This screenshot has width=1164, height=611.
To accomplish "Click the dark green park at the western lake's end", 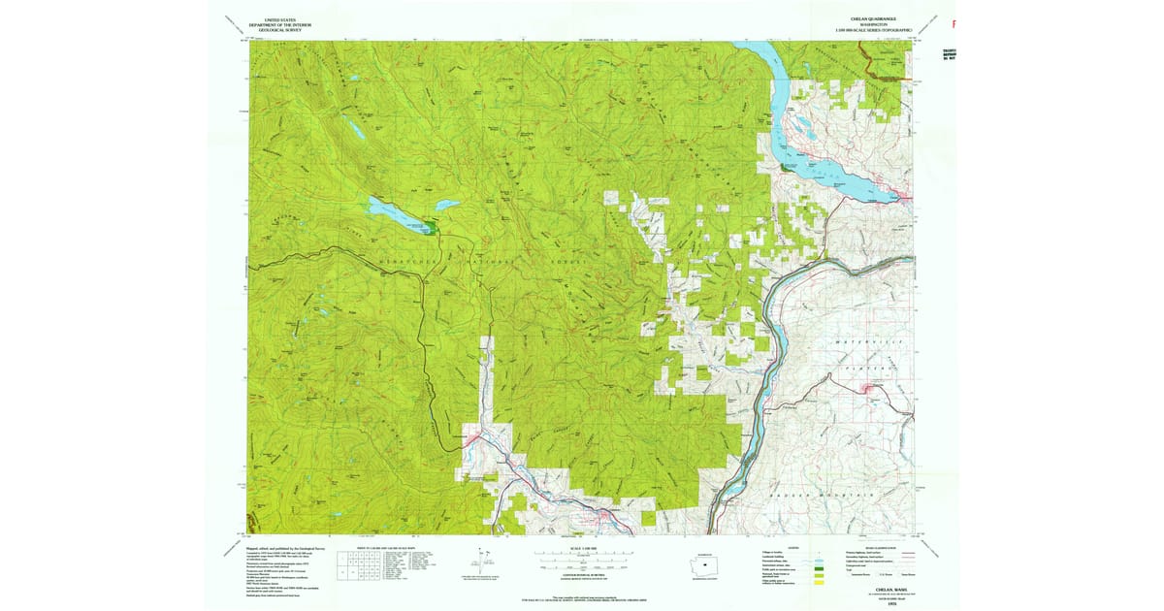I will pos(427,228).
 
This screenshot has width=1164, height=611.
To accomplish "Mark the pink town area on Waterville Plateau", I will pos(866,390).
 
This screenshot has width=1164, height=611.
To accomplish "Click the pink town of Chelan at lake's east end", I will pos(903,198).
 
